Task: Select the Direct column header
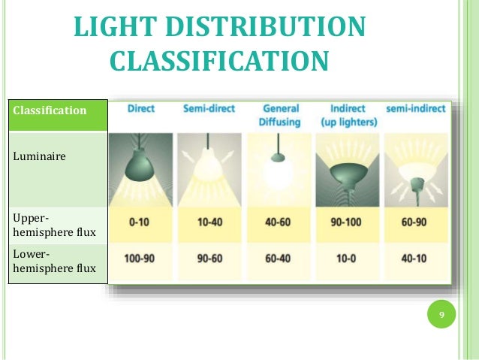pyautogui.click(x=141, y=109)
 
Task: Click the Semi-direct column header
pyautogui.click(x=208, y=109)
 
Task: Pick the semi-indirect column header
pyautogui.click(x=414, y=109)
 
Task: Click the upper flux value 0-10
pyautogui.click(x=141, y=223)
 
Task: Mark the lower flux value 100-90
pyautogui.click(x=141, y=259)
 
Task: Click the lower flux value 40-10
pyautogui.click(x=414, y=259)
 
